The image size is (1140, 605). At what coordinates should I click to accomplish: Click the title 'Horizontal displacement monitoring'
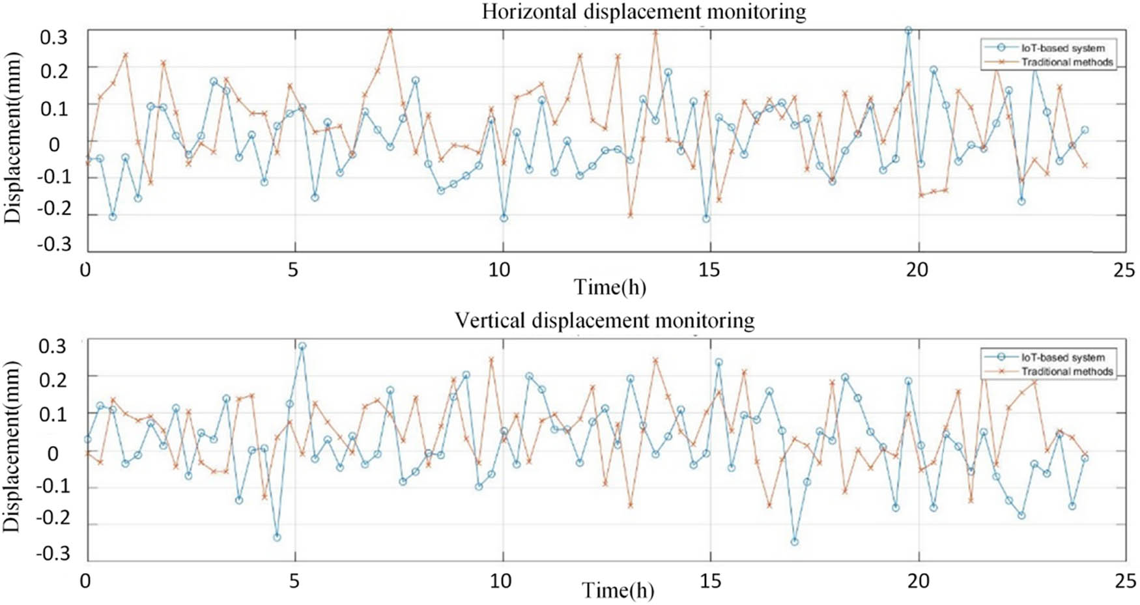[x=644, y=12]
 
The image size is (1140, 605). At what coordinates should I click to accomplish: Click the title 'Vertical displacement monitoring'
[x=605, y=320]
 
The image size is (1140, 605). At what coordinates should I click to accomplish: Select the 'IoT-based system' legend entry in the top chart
[x=1062, y=48]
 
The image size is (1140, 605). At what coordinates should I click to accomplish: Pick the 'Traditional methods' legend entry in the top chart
[x=1067, y=63]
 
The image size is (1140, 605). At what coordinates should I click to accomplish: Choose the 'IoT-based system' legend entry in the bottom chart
[x=1062, y=357]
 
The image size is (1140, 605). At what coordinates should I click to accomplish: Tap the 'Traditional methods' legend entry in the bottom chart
[x=1067, y=371]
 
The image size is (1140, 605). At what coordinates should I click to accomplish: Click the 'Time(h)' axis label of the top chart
[x=610, y=287]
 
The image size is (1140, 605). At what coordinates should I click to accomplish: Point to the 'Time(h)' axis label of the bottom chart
[x=618, y=590]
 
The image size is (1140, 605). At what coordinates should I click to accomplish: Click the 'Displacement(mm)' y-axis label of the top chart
[x=12, y=137]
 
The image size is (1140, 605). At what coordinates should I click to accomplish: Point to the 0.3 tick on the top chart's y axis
[x=54, y=37]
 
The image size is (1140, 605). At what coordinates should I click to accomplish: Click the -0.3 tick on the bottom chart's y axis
[x=54, y=554]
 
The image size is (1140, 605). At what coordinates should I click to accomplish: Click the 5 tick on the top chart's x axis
[x=293, y=270]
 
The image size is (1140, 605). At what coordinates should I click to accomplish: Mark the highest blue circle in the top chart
[x=908, y=30]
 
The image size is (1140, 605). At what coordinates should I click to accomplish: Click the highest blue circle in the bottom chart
[x=302, y=346]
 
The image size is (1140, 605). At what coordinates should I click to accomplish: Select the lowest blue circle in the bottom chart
[x=794, y=542]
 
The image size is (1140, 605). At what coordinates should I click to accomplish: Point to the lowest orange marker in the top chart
[x=630, y=215]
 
